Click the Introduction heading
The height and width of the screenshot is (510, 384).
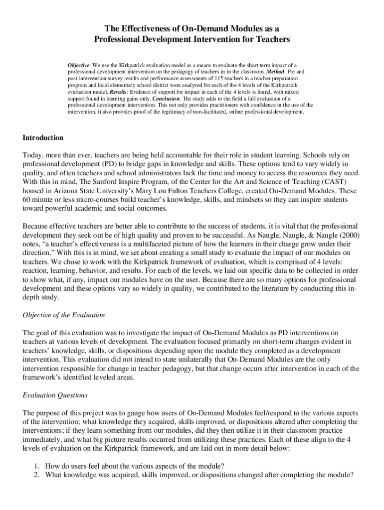(43, 137)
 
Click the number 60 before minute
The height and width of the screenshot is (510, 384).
(27, 199)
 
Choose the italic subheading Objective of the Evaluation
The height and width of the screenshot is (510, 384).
(64, 315)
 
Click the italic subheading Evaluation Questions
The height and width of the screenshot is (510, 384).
(55, 395)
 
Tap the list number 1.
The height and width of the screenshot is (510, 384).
(36, 466)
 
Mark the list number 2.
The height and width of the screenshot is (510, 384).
(36, 475)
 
